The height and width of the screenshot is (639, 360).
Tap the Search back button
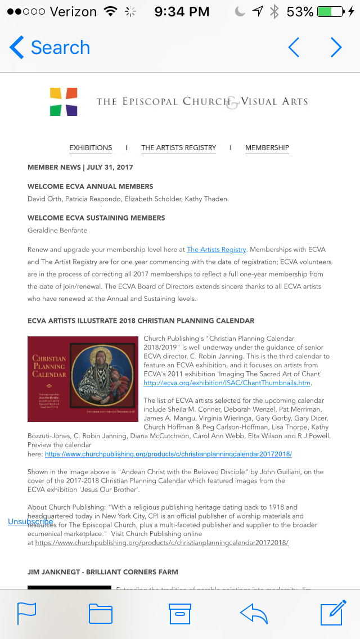(49, 48)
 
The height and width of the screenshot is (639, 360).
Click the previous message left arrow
(294, 48)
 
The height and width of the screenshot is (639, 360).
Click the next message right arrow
(336, 48)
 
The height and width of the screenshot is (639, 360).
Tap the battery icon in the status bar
(331, 11)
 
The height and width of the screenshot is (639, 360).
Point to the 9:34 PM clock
(181, 11)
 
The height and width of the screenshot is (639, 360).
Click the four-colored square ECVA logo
(64, 101)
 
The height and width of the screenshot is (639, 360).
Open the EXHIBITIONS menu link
(91, 148)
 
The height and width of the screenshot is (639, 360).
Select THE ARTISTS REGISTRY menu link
(178, 148)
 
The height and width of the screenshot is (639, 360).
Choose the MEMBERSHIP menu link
(267, 148)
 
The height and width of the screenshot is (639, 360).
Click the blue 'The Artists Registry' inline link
(216, 249)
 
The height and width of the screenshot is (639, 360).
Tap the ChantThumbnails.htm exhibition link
(227, 383)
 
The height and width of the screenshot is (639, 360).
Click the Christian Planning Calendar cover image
(83, 379)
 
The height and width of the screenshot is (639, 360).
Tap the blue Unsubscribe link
(30, 521)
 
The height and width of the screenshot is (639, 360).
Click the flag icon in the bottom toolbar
(26, 613)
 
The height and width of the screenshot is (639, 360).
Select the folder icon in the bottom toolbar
(101, 613)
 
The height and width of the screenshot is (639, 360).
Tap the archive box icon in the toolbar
(180, 613)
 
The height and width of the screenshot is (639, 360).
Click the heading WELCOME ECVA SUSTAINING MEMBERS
(96, 218)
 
